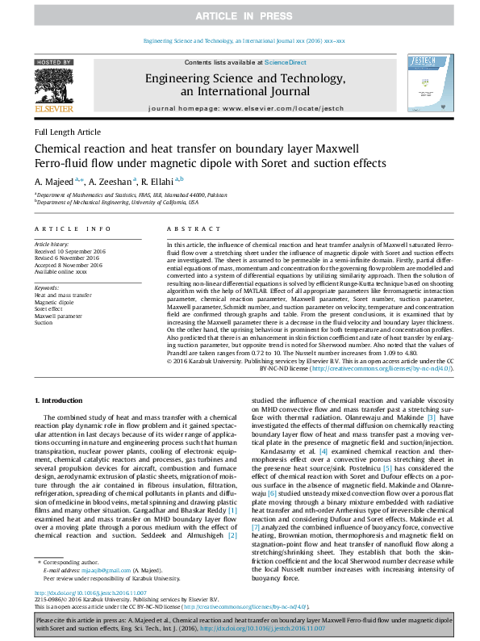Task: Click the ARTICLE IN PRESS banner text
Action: (x=240, y=16)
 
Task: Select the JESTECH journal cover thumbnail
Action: (x=425, y=86)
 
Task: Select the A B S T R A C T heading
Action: (x=187, y=229)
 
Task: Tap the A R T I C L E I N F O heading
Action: (x=73, y=229)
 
